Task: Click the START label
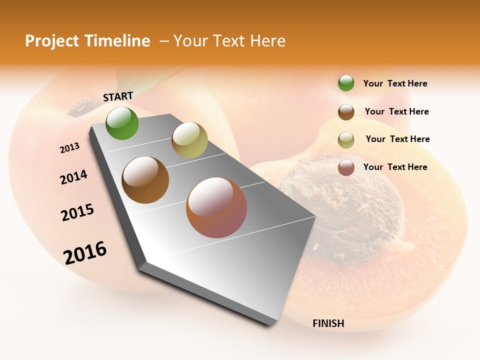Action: point(118,96)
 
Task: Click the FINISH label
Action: point(328,323)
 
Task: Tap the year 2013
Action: point(70,148)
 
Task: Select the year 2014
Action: point(73,177)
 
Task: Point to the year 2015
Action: point(77,212)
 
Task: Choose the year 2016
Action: point(85,252)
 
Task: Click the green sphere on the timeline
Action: point(122,123)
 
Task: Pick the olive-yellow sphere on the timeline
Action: point(189,140)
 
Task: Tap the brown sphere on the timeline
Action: point(145,180)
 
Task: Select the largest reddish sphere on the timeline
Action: point(216,207)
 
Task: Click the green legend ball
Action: point(346,83)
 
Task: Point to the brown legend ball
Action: point(346,112)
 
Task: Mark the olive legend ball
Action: point(346,140)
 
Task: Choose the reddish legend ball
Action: point(346,167)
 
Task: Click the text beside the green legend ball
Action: point(395,83)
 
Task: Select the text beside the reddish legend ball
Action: point(395,167)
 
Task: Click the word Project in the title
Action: point(51,41)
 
